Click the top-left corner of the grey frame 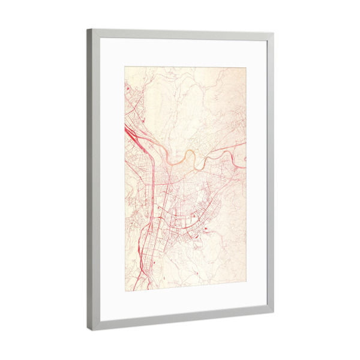click(x=88, y=29)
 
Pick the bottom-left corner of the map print click(x=125, y=292)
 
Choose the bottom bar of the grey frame click(x=180, y=318)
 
